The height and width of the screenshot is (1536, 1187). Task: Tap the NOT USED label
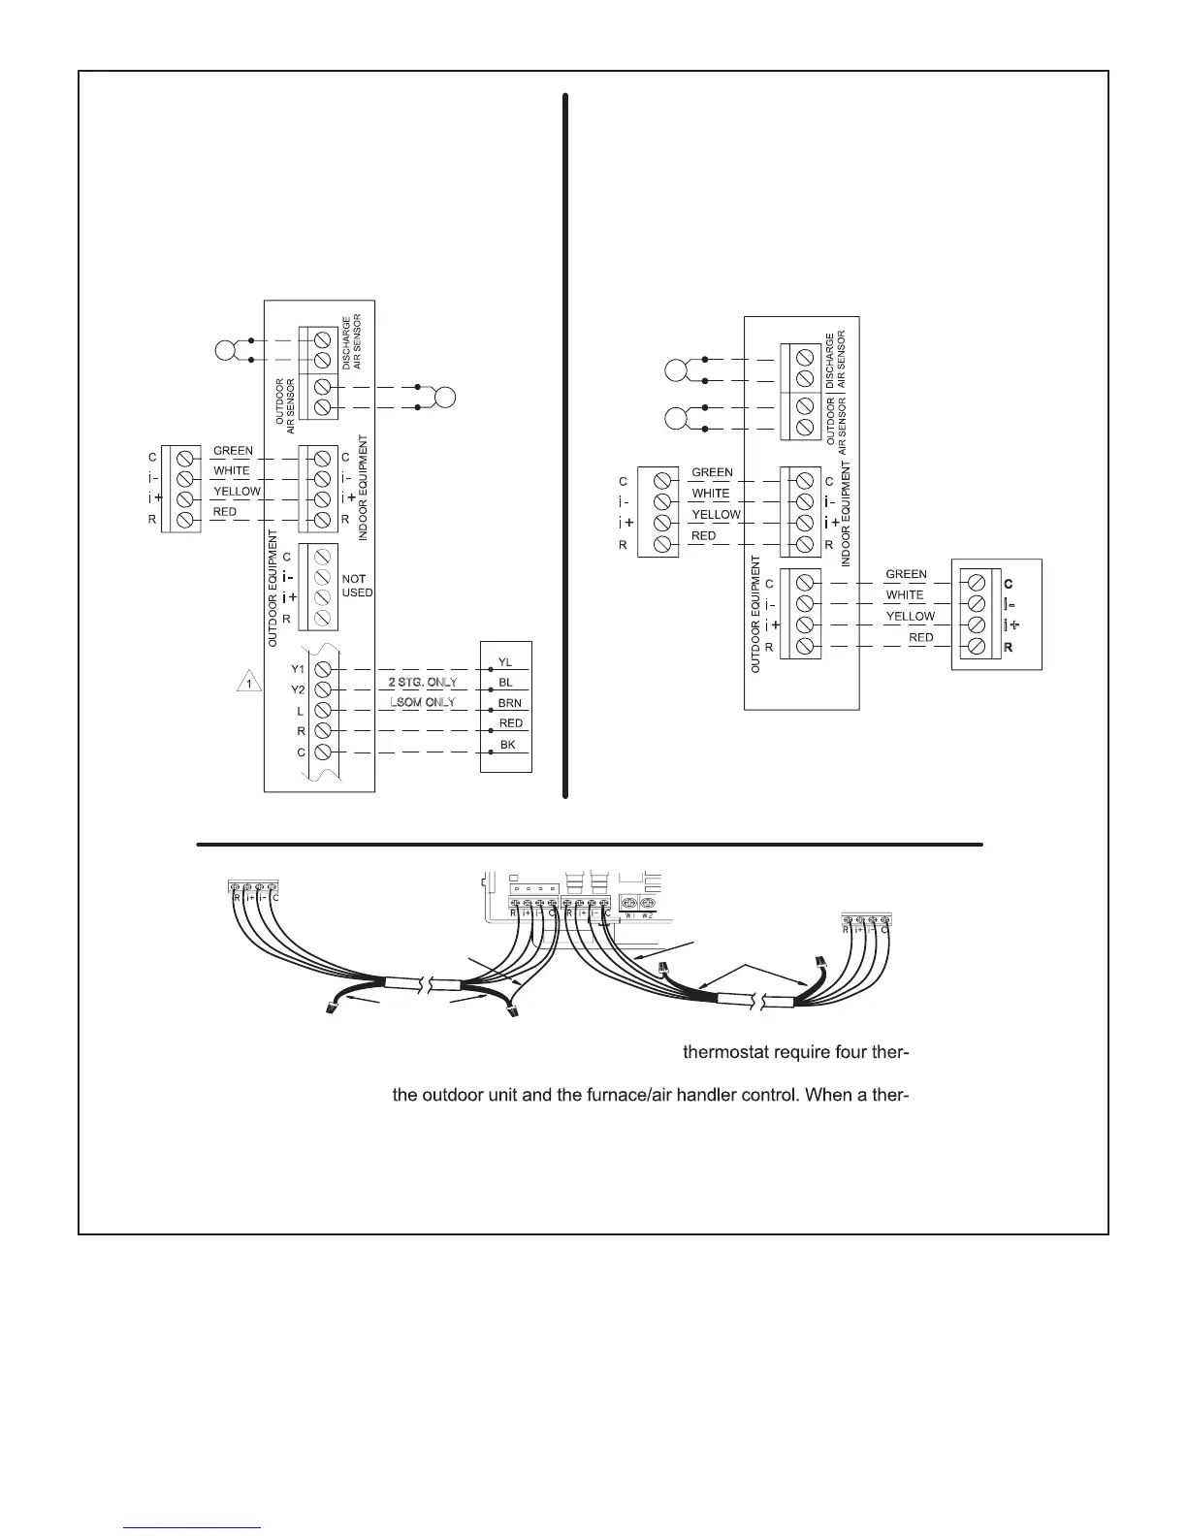click(357, 586)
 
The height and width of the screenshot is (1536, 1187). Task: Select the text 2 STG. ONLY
click(422, 682)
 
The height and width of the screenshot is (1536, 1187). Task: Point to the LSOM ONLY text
click(422, 701)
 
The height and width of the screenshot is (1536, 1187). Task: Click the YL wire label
click(505, 662)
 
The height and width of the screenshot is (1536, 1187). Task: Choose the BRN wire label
click(509, 703)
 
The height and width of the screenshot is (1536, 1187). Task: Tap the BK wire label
click(507, 745)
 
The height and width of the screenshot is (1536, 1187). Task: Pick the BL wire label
click(505, 683)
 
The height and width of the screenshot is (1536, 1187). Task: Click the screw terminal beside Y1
click(323, 669)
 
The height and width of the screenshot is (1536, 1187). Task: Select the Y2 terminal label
click(298, 689)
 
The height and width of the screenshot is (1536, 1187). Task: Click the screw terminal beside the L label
click(323, 711)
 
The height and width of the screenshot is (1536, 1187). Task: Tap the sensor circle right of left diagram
click(446, 397)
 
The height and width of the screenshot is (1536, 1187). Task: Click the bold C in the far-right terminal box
click(1009, 584)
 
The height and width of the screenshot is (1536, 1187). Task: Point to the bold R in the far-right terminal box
click(1009, 647)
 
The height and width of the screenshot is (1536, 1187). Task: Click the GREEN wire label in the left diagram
click(233, 451)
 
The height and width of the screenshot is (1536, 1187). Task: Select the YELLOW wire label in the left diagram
click(237, 491)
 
